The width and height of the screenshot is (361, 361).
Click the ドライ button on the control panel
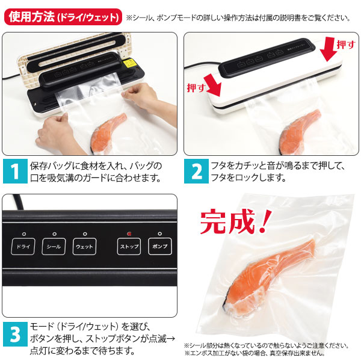23,247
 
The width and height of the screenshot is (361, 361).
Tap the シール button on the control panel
54,247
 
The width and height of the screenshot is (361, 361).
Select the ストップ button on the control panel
129,247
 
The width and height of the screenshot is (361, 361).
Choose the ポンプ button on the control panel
160,247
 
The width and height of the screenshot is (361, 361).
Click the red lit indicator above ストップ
129,234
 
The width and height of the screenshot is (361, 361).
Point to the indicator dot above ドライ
24,234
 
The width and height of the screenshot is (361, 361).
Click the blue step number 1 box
15,171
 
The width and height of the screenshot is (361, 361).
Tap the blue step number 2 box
196,171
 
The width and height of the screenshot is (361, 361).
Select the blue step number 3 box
15,334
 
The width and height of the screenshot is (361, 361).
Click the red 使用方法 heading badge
63,17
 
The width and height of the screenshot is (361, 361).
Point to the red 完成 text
235,221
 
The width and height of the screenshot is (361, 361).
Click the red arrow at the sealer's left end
213,86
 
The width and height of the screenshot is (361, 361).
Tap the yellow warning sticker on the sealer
129,63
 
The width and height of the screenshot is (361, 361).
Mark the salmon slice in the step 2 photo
298,131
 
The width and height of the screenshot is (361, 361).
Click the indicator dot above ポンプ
160,233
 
